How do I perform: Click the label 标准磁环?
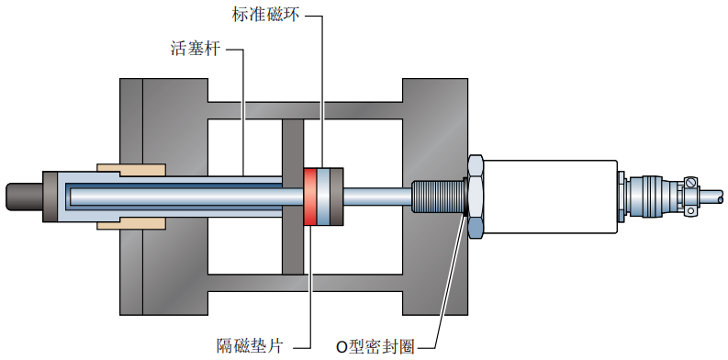(266, 15)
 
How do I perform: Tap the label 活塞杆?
(196, 50)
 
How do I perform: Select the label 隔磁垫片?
(251, 345)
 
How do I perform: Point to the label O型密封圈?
(375, 346)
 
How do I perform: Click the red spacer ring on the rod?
(309, 197)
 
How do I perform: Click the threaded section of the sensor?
(438, 197)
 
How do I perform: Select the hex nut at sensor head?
(476, 197)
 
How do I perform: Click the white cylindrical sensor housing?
(551, 197)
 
